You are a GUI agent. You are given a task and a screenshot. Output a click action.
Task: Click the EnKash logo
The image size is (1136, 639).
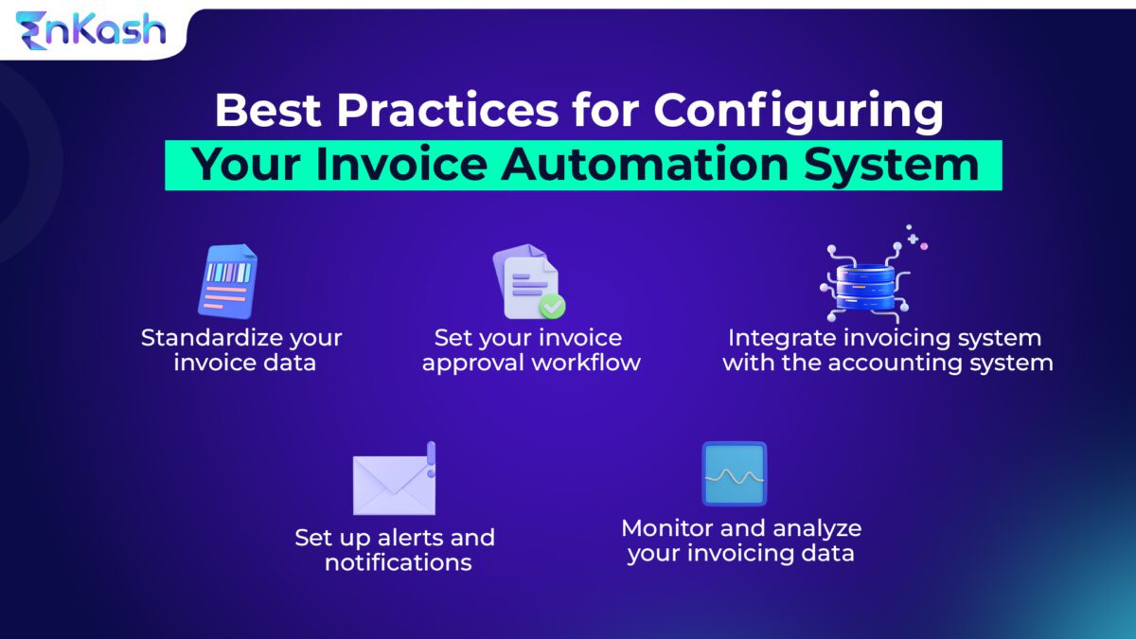pyautogui.click(x=90, y=29)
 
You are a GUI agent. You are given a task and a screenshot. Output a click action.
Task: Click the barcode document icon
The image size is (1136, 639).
pyautogui.click(x=227, y=281)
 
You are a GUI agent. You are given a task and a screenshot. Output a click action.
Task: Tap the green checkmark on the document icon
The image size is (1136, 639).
pyautogui.click(x=552, y=306)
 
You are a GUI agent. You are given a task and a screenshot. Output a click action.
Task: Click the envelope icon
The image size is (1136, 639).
pyautogui.click(x=393, y=484)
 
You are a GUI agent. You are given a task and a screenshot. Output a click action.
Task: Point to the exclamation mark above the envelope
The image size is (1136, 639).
pyautogui.click(x=431, y=457)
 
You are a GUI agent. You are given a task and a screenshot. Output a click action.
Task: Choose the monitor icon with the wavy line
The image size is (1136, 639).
pyautogui.click(x=734, y=473)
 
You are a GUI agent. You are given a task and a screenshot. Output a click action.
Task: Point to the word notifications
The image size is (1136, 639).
pyautogui.click(x=398, y=562)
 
